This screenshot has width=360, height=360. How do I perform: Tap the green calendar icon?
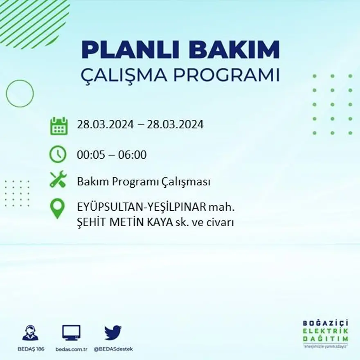[59, 126]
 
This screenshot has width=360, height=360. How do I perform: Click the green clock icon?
[58, 154]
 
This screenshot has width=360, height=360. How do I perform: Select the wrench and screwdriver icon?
[58, 180]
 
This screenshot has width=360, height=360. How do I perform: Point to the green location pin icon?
[57, 208]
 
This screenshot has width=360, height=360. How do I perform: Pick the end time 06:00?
[132, 155]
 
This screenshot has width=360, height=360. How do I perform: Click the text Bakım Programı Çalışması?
[144, 182]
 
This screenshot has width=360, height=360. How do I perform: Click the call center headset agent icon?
[30, 333]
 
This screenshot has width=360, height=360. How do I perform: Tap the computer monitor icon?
[71, 333]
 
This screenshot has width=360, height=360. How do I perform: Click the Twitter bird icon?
[113, 333]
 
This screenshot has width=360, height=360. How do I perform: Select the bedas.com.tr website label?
[71, 349]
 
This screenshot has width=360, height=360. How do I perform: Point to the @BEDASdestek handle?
[113, 349]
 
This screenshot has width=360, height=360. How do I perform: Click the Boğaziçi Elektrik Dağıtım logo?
[325, 333]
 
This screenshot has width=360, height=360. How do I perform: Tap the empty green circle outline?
[20, 94]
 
